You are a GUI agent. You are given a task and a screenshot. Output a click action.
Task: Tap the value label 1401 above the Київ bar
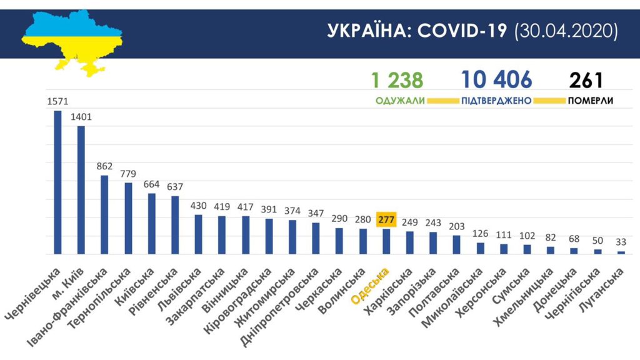[x=81, y=117]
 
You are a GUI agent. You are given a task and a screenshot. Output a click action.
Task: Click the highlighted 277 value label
[x=386, y=219]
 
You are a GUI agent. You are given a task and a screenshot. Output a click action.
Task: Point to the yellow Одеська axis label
[x=370, y=286]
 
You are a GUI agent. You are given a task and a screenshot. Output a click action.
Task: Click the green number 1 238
[x=397, y=80]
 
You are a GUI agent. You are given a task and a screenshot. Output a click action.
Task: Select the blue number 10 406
[x=496, y=80]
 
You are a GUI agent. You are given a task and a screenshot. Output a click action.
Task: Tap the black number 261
[x=586, y=80]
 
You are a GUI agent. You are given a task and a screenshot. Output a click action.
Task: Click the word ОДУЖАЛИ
[x=400, y=101]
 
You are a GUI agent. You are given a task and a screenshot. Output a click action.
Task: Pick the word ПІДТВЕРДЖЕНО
[x=496, y=101]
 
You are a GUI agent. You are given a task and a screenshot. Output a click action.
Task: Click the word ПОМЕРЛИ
[x=590, y=101]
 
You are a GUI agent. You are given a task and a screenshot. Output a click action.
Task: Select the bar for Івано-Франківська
[x=104, y=215]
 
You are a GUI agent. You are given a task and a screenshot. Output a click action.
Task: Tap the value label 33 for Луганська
[x=621, y=242]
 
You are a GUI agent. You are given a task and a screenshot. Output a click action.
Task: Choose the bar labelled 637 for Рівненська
[x=175, y=225]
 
